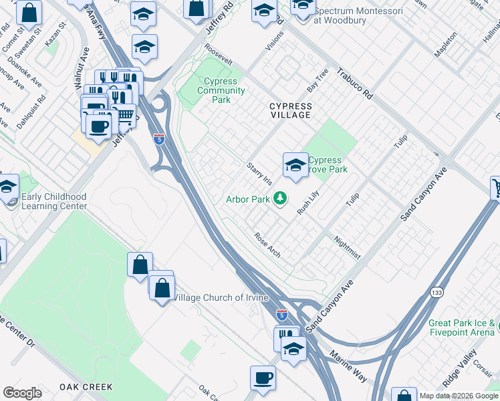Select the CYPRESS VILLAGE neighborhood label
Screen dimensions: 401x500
290,110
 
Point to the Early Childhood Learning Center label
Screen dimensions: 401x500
54,201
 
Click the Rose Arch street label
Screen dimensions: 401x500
267,245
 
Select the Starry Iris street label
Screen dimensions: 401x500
260,173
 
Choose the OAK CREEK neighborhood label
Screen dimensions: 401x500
86,387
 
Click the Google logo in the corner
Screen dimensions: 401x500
22,393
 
